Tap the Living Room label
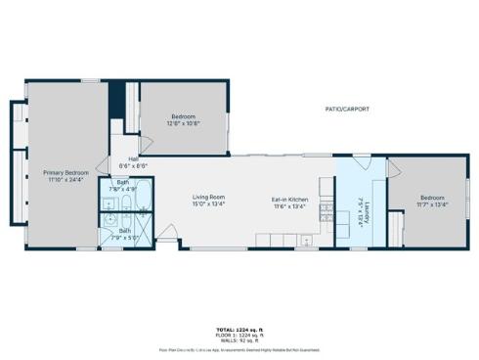(x=208, y=198)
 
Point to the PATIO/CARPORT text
(x=347, y=109)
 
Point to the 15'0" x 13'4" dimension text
(x=208, y=205)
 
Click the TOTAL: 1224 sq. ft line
(x=239, y=329)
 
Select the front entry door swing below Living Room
(x=168, y=234)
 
